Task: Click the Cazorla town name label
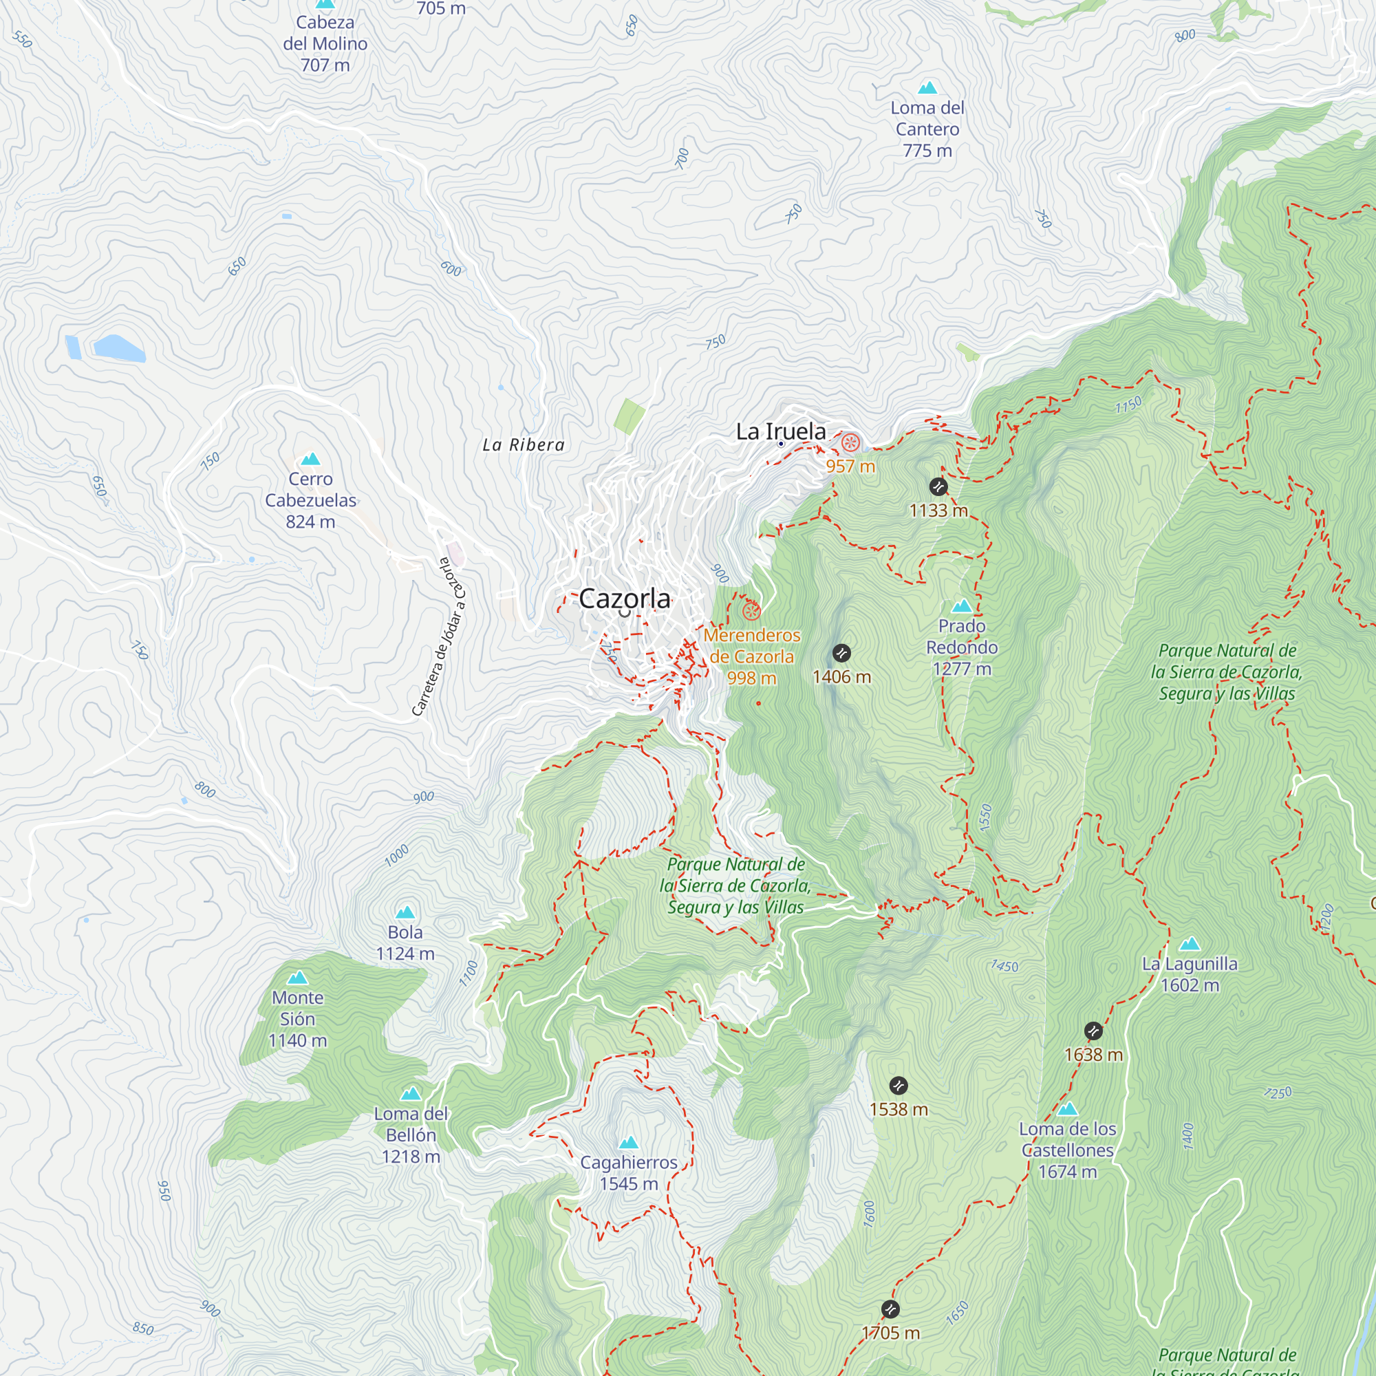pos(624,599)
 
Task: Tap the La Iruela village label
pos(781,431)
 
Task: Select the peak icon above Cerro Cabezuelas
pos(310,460)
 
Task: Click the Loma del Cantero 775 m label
pos(927,129)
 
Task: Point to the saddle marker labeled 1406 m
pos(841,653)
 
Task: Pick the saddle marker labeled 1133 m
pos(938,486)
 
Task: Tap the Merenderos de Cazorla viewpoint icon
pos(751,611)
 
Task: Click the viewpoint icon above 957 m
pos(850,443)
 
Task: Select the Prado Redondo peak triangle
pos(962,606)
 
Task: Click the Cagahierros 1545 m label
pos(628,1172)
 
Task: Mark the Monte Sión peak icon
pos(297,978)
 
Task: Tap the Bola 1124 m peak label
pos(405,943)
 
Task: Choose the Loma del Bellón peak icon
pos(410,1093)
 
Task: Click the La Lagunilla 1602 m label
pos(1190,974)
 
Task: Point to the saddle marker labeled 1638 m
pos(1093,1031)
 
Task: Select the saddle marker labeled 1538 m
pos(898,1086)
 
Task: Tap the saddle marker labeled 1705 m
pos(890,1309)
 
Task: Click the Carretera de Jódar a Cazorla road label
pos(439,636)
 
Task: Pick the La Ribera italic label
pos(524,445)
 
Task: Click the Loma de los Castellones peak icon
pos(1067,1109)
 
